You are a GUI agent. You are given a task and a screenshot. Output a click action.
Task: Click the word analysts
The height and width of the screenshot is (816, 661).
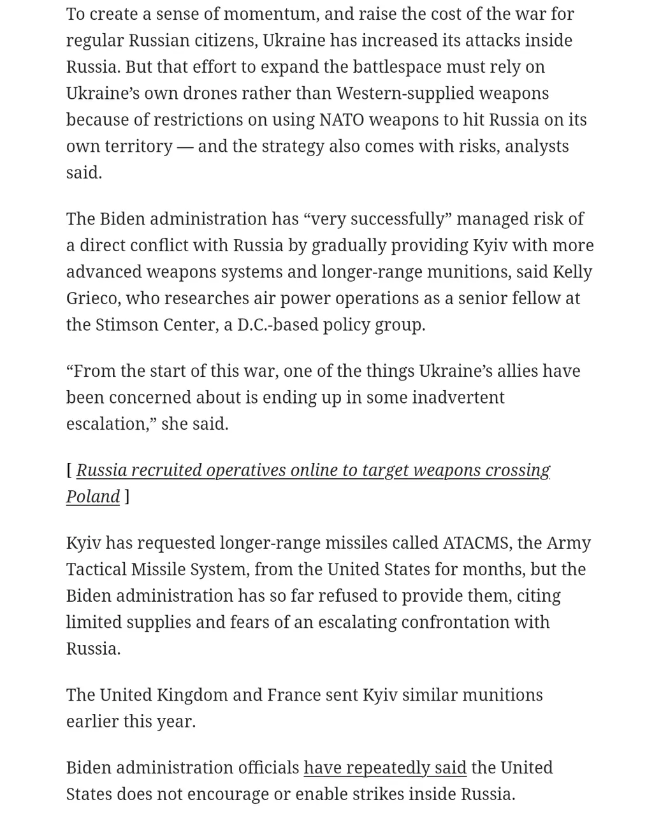pos(537,146)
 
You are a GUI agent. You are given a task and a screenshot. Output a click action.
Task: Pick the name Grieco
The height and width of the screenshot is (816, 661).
pos(91,298)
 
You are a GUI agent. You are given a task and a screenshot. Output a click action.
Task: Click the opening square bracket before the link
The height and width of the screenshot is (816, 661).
pos(69,470)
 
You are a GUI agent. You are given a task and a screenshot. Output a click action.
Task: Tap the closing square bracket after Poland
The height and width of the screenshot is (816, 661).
pos(127,497)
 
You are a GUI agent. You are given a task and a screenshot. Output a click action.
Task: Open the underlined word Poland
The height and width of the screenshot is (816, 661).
pos(93,497)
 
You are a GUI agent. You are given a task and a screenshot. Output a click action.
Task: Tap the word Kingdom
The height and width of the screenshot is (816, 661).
pos(191,695)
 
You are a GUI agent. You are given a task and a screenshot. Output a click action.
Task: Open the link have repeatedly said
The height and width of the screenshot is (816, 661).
pos(384,768)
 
